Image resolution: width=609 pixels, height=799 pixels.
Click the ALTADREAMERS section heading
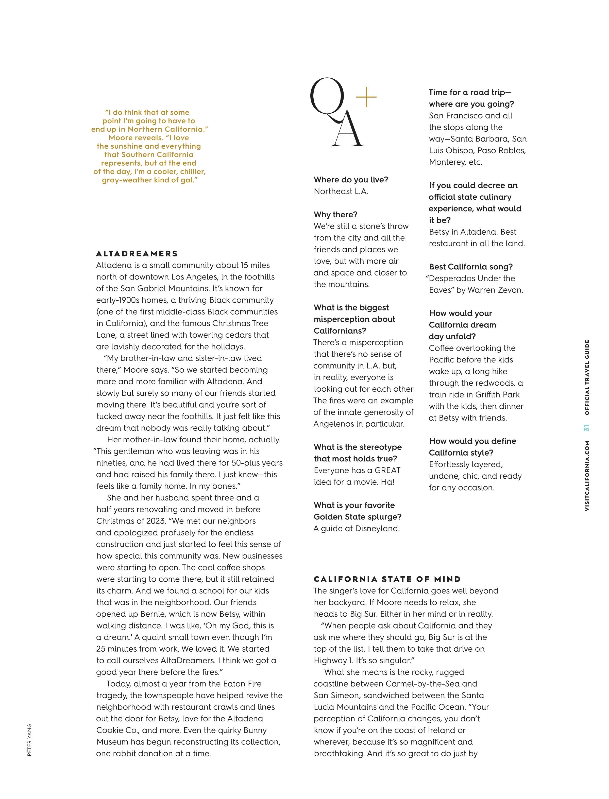coord(137,253)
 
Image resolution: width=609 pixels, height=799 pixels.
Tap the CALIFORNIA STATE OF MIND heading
coord(387,579)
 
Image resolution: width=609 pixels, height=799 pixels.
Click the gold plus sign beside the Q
coord(366,97)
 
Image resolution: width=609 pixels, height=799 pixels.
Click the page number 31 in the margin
coord(586,428)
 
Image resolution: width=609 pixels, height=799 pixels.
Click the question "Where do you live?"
coord(351,180)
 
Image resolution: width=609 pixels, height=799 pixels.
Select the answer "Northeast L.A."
coord(341,191)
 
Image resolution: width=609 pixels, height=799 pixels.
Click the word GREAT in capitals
coord(387,470)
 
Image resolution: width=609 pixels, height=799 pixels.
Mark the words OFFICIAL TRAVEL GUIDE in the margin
coord(586,377)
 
